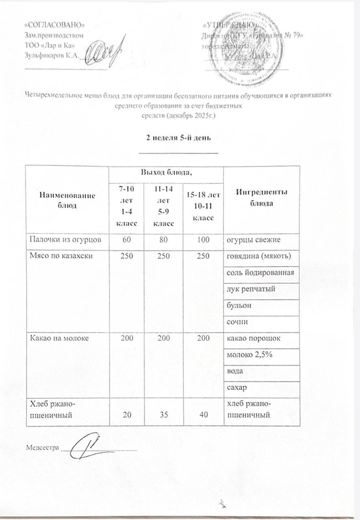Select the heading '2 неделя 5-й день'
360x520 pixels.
(x=178, y=137)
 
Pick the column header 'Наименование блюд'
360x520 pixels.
(x=67, y=199)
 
